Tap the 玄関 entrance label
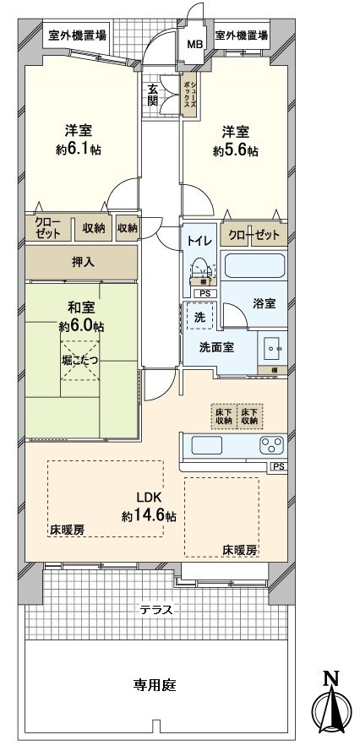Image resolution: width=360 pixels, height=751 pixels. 153,95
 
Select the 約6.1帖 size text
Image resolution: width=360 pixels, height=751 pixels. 81,150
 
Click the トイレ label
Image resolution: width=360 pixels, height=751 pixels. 199,238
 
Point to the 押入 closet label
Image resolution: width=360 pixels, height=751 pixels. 82,262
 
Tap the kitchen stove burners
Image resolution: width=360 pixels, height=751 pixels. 273,445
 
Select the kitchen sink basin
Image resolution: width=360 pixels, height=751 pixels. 207,445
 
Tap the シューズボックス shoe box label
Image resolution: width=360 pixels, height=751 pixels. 193,90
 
